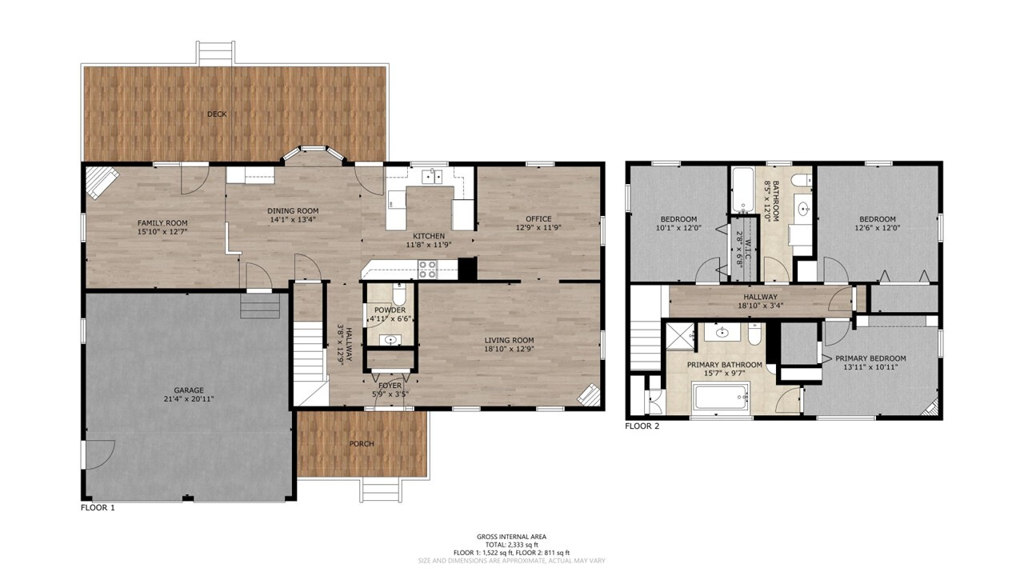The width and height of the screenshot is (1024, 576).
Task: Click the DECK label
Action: click(217, 114)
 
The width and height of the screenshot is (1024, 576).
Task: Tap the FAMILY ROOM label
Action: click(162, 223)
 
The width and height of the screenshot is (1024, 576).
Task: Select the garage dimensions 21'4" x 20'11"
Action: click(189, 399)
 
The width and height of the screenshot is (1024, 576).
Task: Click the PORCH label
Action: click(362, 444)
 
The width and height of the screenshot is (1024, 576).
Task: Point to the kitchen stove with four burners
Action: click(428, 270)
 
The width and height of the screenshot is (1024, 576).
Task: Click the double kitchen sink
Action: click(432, 176)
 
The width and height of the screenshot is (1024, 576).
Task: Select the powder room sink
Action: click(390, 340)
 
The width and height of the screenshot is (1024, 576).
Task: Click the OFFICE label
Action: click(538, 219)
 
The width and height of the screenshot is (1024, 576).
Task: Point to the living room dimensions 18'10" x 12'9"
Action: click(510, 349)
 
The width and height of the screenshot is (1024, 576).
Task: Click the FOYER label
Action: click(390, 386)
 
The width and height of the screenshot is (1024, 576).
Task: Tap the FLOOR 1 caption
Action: click(98, 507)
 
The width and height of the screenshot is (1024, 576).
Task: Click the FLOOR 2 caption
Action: click(642, 426)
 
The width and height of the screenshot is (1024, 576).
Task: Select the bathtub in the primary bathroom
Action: click(721, 397)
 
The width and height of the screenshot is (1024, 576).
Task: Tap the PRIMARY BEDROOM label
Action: click(871, 358)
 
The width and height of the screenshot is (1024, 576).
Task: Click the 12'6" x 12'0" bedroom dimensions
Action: click(878, 228)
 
